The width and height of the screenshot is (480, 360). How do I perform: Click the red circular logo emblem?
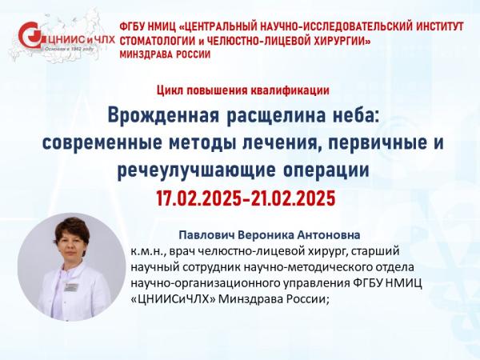30,34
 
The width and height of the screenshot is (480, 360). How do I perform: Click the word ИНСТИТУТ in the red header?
434,26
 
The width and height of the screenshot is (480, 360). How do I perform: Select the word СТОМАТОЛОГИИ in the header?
154,41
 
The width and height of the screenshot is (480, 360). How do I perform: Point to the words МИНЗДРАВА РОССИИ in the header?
165,54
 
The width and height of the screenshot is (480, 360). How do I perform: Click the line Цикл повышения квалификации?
243,90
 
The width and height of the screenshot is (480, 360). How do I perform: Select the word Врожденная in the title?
164,116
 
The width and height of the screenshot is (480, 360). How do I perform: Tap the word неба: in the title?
355,116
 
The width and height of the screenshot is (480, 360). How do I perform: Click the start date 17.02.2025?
198,198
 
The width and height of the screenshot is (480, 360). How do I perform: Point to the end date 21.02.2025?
293,198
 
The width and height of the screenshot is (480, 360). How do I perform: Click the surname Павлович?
206,235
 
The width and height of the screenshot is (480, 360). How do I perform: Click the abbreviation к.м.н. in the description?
148,252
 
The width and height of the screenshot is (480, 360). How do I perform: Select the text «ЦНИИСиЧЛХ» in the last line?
174,299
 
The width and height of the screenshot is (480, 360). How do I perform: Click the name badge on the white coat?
72,287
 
